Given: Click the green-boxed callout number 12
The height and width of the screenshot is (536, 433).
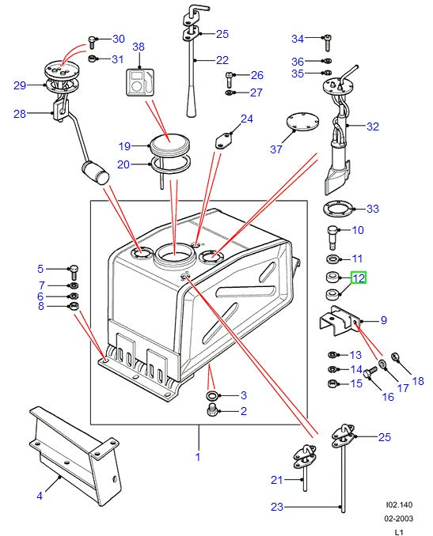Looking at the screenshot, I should [x=358, y=277].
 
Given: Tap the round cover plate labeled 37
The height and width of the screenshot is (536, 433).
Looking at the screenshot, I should [x=301, y=127].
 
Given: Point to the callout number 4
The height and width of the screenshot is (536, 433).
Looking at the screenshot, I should [x=40, y=496].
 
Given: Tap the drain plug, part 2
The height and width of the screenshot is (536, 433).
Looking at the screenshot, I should [x=211, y=410].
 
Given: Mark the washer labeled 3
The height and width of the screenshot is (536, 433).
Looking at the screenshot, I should [x=211, y=394].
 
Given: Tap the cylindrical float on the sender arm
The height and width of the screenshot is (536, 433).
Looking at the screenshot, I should [x=97, y=173].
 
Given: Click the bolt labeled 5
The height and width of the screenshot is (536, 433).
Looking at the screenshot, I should [x=74, y=271].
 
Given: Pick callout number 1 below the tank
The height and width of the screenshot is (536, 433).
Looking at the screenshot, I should [x=198, y=456].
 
